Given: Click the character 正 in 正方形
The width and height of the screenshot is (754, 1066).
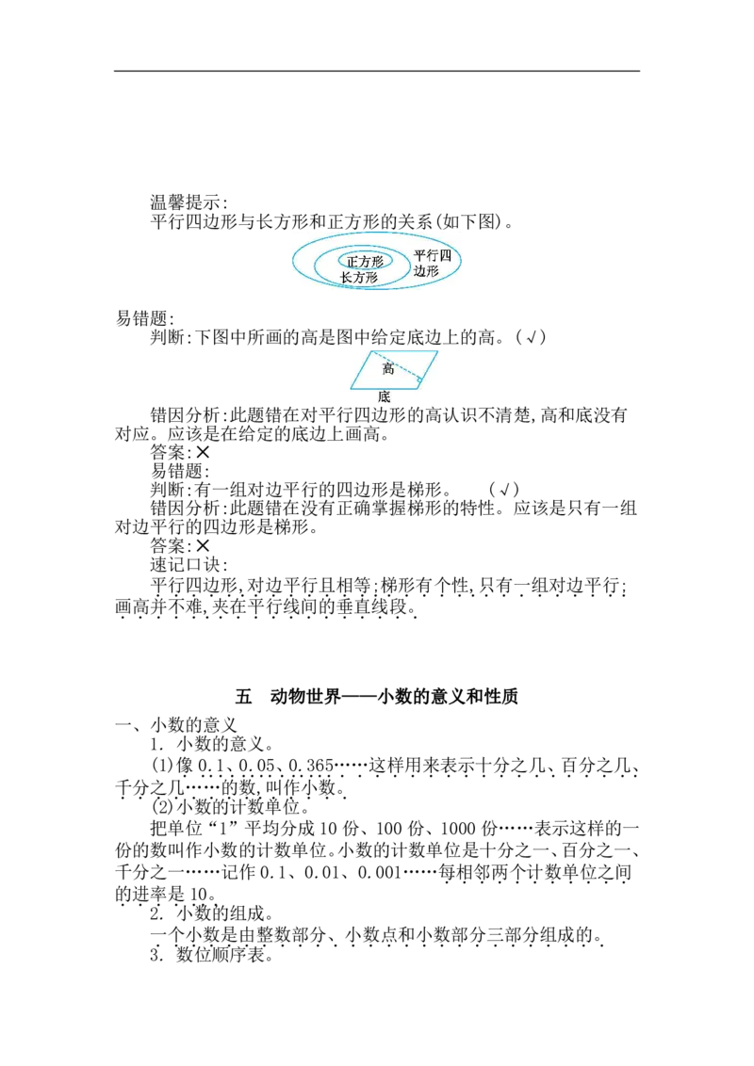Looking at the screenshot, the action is [352, 262].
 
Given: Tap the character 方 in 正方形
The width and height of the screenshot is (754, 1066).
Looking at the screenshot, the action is [365, 262].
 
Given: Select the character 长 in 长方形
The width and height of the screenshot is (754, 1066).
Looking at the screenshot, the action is [346, 278].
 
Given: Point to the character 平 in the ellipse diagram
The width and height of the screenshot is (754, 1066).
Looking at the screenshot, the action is [420, 256].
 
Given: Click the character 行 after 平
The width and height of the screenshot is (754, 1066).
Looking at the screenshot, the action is [434, 256].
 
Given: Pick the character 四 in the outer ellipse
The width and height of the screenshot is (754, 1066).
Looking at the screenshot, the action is [446, 256].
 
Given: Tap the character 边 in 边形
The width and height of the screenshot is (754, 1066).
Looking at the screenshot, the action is [420, 270].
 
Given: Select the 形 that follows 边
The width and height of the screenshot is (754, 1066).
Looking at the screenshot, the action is [434, 270].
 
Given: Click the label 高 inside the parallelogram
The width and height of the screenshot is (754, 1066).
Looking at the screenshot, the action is [387, 369].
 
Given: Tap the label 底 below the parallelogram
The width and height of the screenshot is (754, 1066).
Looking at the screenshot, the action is [384, 397].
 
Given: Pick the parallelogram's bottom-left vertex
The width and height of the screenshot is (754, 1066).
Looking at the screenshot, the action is [350, 388].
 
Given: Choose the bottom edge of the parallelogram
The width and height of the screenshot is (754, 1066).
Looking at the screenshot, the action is [385, 388].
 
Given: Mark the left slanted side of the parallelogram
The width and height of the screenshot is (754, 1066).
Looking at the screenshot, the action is [360, 371].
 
